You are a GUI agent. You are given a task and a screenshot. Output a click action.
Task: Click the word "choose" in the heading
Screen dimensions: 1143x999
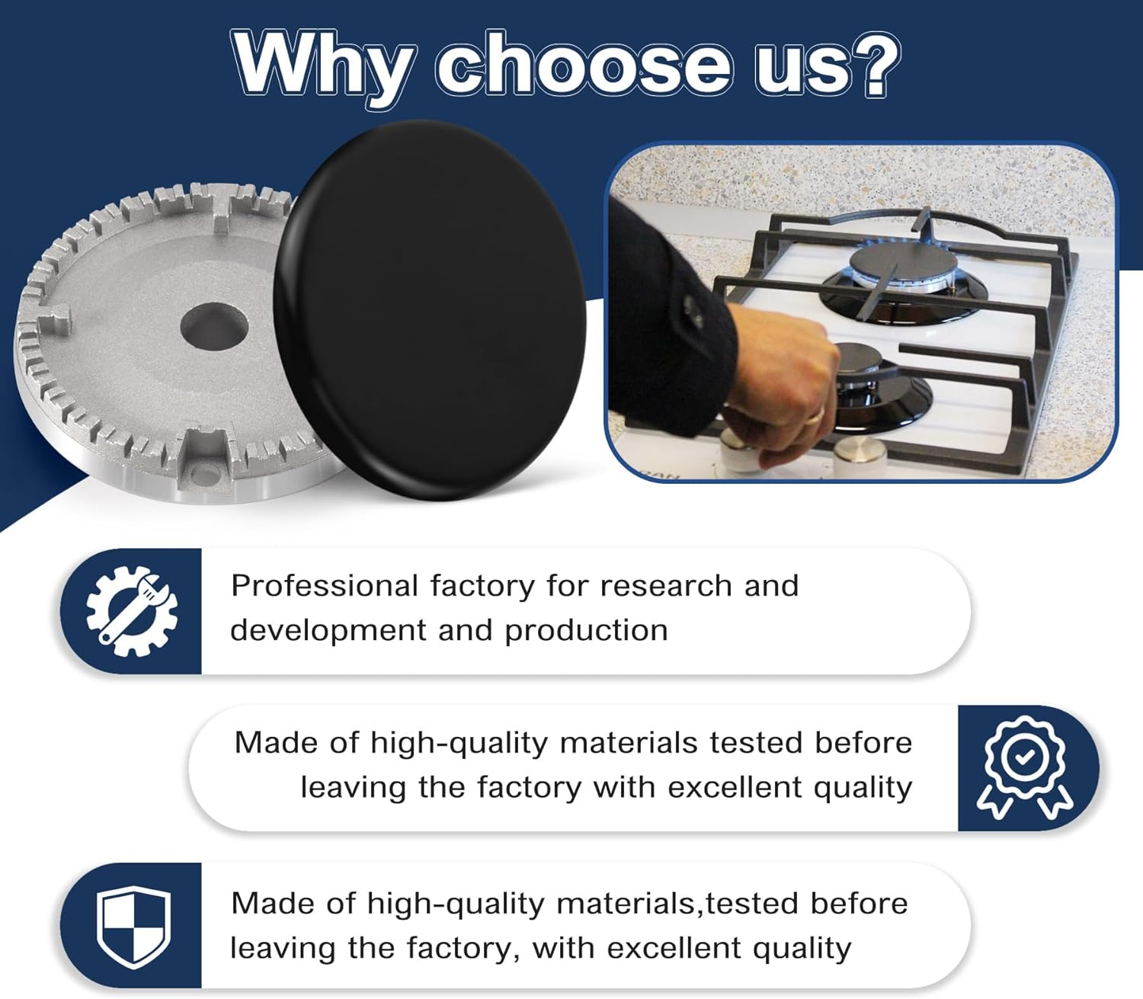[x=583, y=65]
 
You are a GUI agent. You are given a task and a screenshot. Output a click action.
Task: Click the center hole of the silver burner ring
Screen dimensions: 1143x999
[x=214, y=327]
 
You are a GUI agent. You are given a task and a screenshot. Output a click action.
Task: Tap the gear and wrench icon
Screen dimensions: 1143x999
[x=132, y=610]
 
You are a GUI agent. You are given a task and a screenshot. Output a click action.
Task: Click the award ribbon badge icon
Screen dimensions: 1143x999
[x=1025, y=767]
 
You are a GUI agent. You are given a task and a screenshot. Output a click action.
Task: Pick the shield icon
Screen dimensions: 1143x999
[x=133, y=927]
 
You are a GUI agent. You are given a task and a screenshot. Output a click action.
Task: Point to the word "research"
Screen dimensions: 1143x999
[x=666, y=586]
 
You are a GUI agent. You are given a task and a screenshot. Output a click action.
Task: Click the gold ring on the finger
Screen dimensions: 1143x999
[x=815, y=415]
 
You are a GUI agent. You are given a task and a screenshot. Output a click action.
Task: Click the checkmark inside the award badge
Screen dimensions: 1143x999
[x=1025, y=757]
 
